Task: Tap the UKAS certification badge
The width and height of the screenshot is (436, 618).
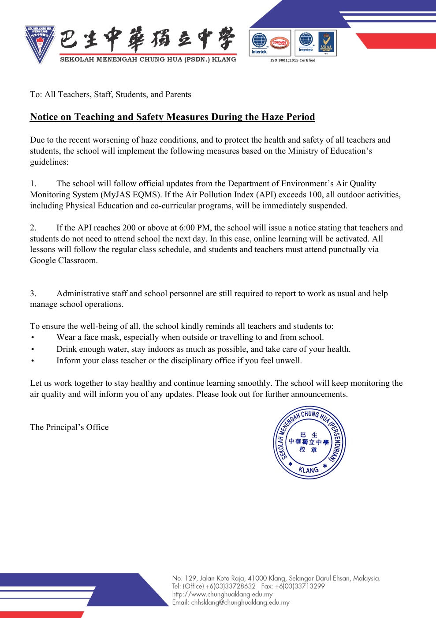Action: (x=326, y=43)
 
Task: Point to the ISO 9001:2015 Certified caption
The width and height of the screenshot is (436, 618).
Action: (x=293, y=60)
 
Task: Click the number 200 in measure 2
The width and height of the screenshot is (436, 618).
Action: (x=129, y=228)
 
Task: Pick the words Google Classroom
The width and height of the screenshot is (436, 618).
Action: (x=63, y=260)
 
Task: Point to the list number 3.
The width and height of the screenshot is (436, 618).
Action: (x=33, y=294)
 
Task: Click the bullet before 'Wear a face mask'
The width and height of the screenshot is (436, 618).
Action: (x=33, y=338)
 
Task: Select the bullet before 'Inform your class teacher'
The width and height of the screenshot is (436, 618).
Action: (x=33, y=361)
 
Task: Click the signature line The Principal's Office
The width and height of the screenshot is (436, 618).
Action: (x=69, y=427)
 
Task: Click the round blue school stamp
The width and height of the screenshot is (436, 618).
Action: (x=309, y=443)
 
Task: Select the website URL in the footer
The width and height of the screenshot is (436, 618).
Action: (x=222, y=594)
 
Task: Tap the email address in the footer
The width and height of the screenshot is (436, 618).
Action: (x=240, y=603)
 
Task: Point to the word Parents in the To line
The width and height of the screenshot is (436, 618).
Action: (x=178, y=94)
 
